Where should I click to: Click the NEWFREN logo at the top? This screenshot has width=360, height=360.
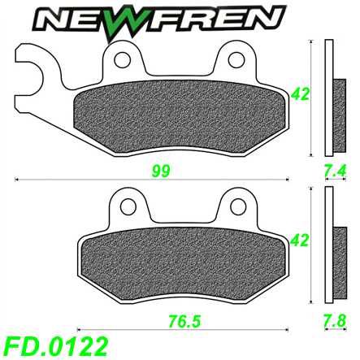pos(180,17)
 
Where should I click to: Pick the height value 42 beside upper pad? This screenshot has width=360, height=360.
pos(301,94)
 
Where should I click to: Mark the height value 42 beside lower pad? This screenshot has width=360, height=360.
pos(301,241)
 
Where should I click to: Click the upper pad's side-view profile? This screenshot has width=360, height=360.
pos(327,98)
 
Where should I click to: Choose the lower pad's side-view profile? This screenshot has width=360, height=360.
pos(327,244)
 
